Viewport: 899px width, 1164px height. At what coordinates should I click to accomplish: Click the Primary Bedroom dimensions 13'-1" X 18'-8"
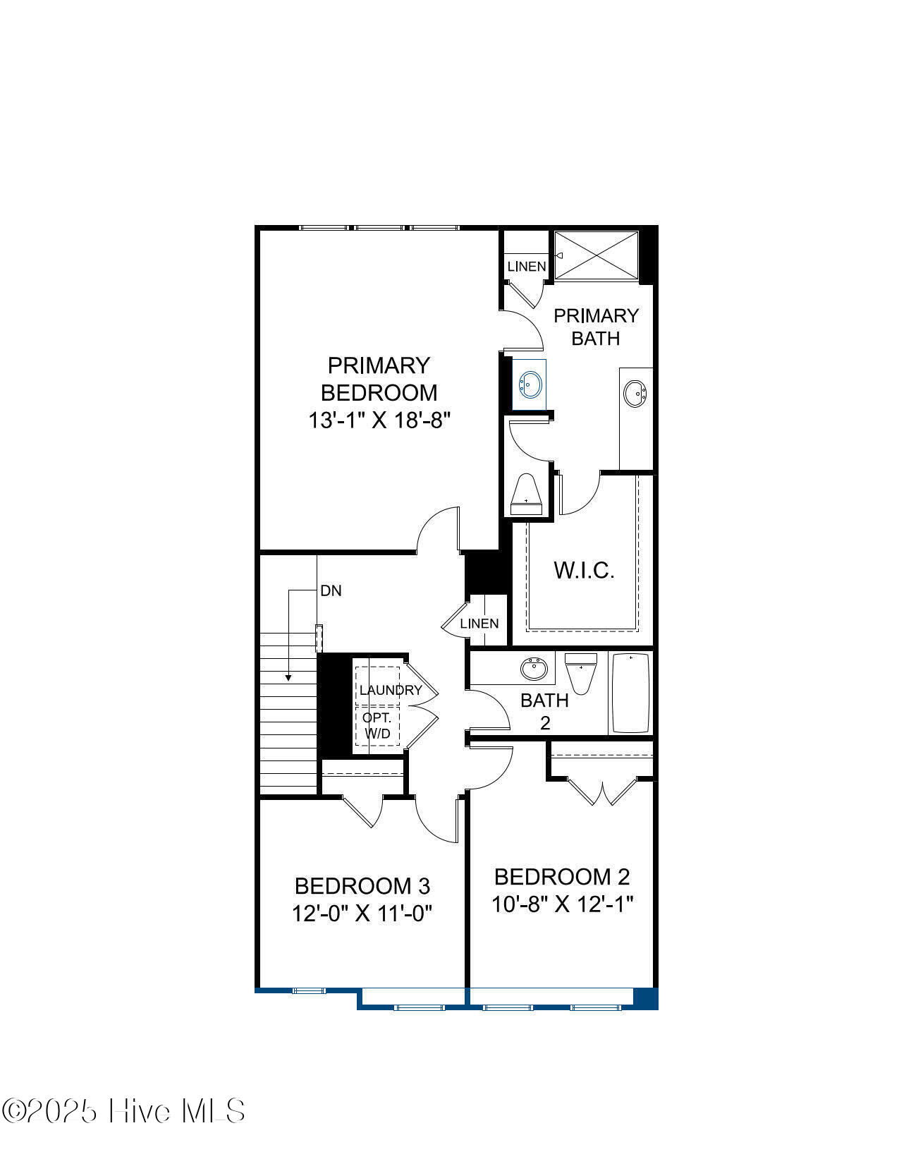[379, 420]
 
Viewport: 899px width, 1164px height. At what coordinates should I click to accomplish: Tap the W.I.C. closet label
[584, 571]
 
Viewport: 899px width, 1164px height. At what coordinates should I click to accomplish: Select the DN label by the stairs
[331, 591]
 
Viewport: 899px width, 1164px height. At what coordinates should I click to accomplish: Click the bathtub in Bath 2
[631, 693]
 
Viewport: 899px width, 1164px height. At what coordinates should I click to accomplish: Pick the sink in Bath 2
[534, 669]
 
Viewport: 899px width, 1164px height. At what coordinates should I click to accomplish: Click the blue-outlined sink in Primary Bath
[530, 384]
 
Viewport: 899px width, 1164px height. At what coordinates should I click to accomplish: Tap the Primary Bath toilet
[526, 494]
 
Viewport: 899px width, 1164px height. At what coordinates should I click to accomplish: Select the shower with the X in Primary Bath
[597, 255]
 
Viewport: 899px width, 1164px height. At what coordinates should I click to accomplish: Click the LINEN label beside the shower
[527, 266]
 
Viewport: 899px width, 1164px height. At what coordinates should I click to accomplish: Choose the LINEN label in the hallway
[479, 624]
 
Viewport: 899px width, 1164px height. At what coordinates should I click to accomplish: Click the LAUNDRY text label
[391, 690]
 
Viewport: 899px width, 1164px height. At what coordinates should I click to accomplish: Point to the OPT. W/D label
[377, 725]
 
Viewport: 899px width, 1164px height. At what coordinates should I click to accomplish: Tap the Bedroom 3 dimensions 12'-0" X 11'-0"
[362, 914]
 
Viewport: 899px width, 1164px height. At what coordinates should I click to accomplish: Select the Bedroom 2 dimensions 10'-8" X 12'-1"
[562, 904]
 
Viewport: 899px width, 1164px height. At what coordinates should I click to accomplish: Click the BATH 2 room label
[544, 711]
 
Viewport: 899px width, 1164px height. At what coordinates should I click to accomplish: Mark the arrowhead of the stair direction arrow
[288, 678]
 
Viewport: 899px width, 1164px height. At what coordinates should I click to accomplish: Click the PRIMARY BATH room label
[596, 327]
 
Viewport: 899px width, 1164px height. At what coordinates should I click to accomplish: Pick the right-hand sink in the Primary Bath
[635, 394]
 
